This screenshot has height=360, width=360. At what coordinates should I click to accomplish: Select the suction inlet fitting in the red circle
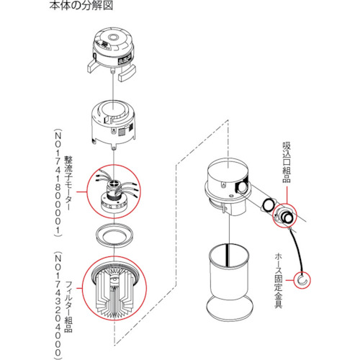coord(285,215)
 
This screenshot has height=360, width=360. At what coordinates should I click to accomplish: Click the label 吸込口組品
coord(285,162)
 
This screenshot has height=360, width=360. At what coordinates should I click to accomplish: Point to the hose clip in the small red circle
coord(303,278)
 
